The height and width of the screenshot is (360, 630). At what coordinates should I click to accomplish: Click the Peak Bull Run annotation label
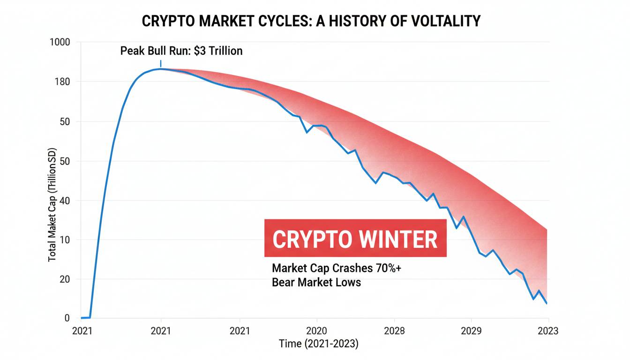click(181, 51)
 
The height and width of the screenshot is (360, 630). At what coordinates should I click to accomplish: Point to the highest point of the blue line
click(161, 69)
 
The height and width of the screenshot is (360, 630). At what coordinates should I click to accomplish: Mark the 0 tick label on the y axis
click(67, 318)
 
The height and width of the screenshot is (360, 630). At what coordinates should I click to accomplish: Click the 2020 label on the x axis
click(316, 331)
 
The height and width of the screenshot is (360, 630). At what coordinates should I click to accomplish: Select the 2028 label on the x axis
click(393, 331)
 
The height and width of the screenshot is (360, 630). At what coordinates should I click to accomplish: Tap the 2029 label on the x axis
click(471, 331)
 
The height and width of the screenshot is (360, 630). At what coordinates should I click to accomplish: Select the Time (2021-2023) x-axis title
click(318, 344)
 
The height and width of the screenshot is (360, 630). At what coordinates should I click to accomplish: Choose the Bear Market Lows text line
click(316, 282)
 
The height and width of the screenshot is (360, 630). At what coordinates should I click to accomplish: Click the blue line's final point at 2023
click(547, 304)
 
